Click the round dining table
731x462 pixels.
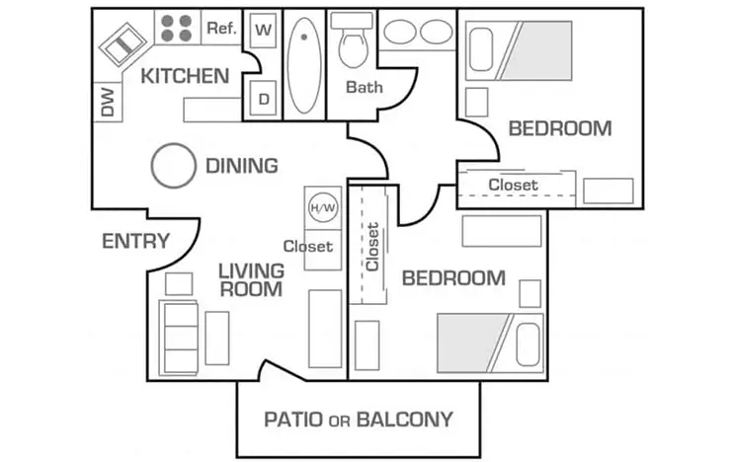click(174, 165)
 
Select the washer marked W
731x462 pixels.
click(264, 29)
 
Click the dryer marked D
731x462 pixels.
click(264, 99)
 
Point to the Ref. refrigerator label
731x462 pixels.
click(221, 29)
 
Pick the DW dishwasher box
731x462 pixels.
click(107, 102)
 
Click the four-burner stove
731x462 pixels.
click(177, 28)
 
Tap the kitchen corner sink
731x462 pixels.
click(123, 45)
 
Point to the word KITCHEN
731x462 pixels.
click(185, 76)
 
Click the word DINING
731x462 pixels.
click(241, 166)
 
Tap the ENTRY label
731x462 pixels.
click(135, 242)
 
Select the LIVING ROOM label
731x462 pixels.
click(251, 279)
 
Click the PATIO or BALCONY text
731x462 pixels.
click(358, 419)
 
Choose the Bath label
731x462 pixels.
click(364, 87)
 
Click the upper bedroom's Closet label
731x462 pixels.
click(513, 185)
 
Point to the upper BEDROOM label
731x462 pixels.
click(559, 128)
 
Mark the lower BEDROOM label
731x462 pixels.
click(453, 278)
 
